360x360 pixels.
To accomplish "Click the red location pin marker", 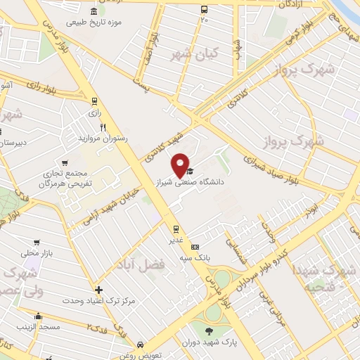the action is [x=180, y=163].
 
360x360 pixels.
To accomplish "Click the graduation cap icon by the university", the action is [x=188, y=171].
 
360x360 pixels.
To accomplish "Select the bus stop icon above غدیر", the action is [x=176, y=229].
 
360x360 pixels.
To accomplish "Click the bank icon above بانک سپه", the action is [x=195, y=247].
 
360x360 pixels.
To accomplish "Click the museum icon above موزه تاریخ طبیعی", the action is [x=94, y=11].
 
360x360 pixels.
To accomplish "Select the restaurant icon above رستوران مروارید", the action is [x=103, y=127].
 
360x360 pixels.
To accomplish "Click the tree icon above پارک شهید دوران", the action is [x=209, y=331].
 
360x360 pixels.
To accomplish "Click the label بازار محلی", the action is [x=34, y=252].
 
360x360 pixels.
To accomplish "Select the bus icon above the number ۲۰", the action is [x=204, y=10].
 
